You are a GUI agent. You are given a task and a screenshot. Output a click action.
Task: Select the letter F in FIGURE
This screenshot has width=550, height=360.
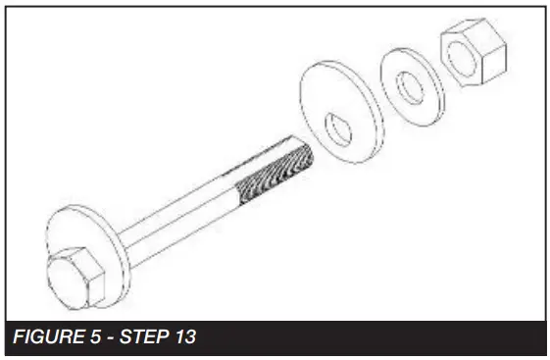pos(18,337)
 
